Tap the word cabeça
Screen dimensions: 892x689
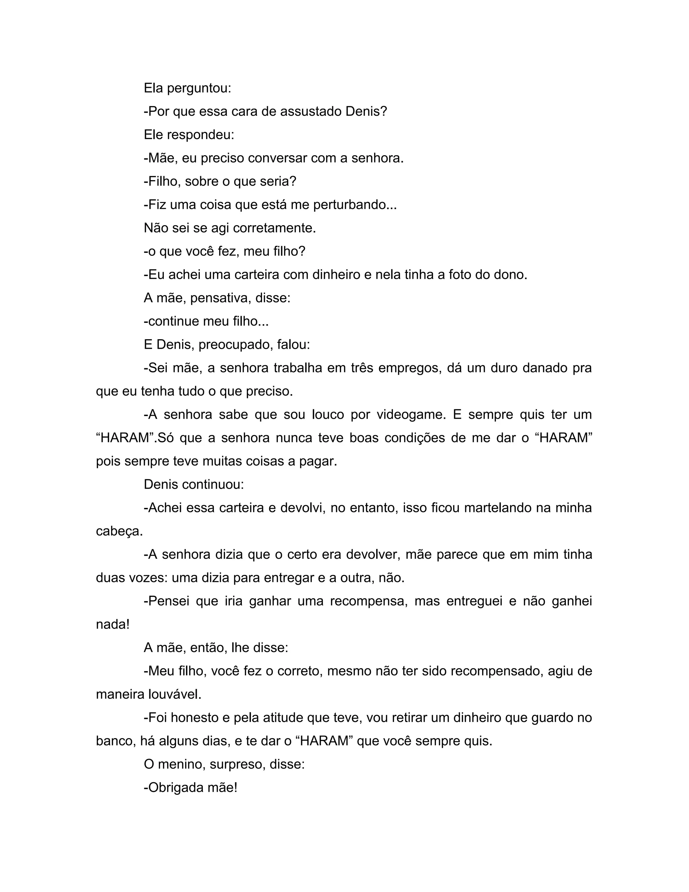119,531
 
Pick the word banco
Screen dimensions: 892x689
115,741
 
